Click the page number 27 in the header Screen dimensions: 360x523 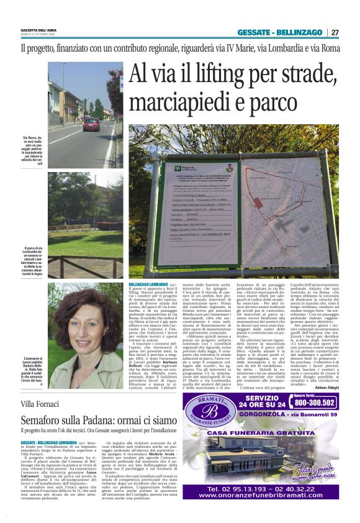(335, 32)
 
